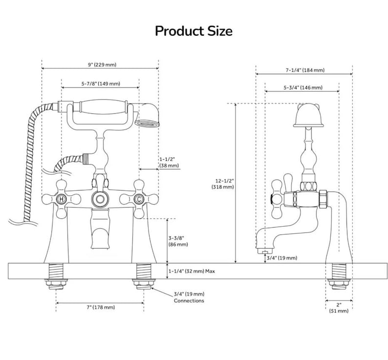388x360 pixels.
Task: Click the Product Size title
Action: (x=194, y=31)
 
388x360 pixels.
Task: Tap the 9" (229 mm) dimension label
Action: (x=102, y=64)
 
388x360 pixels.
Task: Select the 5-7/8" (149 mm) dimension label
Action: (x=101, y=84)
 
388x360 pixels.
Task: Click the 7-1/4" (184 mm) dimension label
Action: (x=305, y=70)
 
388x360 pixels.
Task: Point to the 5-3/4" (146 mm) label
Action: (x=303, y=87)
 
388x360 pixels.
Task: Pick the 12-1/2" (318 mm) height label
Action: (x=223, y=184)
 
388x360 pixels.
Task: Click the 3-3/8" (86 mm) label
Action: (x=178, y=241)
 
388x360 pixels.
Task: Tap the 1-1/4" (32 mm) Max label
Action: (x=192, y=271)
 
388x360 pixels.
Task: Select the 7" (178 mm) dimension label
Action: (x=101, y=307)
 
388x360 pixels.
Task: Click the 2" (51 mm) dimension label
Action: (x=339, y=308)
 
